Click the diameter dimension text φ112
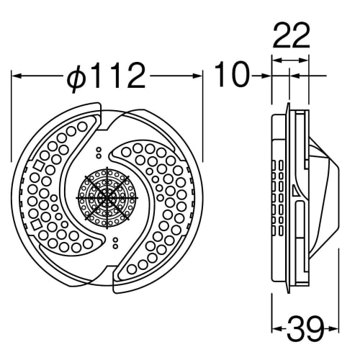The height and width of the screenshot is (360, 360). click(107, 74)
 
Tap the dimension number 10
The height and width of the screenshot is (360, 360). click(231, 74)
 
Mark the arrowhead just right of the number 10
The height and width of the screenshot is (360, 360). click(264, 74)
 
